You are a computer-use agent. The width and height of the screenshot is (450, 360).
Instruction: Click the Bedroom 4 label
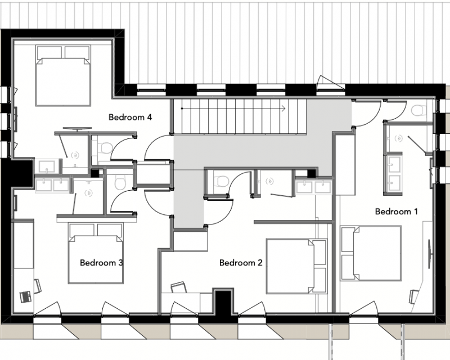coord(130,117)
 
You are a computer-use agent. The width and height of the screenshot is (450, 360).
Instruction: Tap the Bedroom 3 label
coord(102,263)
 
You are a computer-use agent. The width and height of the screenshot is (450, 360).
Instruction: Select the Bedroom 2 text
coord(241,263)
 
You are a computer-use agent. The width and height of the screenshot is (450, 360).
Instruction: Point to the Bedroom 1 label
coord(397,211)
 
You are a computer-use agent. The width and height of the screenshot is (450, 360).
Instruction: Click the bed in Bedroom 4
coord(64,75)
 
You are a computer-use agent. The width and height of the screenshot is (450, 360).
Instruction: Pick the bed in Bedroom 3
coord(96,254)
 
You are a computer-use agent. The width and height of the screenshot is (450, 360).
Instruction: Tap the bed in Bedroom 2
coord(297,266)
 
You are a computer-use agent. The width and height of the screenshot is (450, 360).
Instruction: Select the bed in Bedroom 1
coord(371,253)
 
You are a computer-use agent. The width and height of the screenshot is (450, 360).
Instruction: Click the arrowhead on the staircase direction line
coord(283,109)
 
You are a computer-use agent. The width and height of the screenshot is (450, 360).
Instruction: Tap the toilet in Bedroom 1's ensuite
coord(418,110)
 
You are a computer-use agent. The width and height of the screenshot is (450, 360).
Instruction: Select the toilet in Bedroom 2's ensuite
coord(222,181)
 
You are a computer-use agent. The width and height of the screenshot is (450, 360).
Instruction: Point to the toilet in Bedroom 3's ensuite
coord(119,183)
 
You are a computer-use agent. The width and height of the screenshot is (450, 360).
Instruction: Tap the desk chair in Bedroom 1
coord(413,296)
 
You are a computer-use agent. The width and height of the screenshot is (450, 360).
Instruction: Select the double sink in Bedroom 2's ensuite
coord(314,187)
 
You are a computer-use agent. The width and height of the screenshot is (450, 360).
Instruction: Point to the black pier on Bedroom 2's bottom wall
coord(223,302)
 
